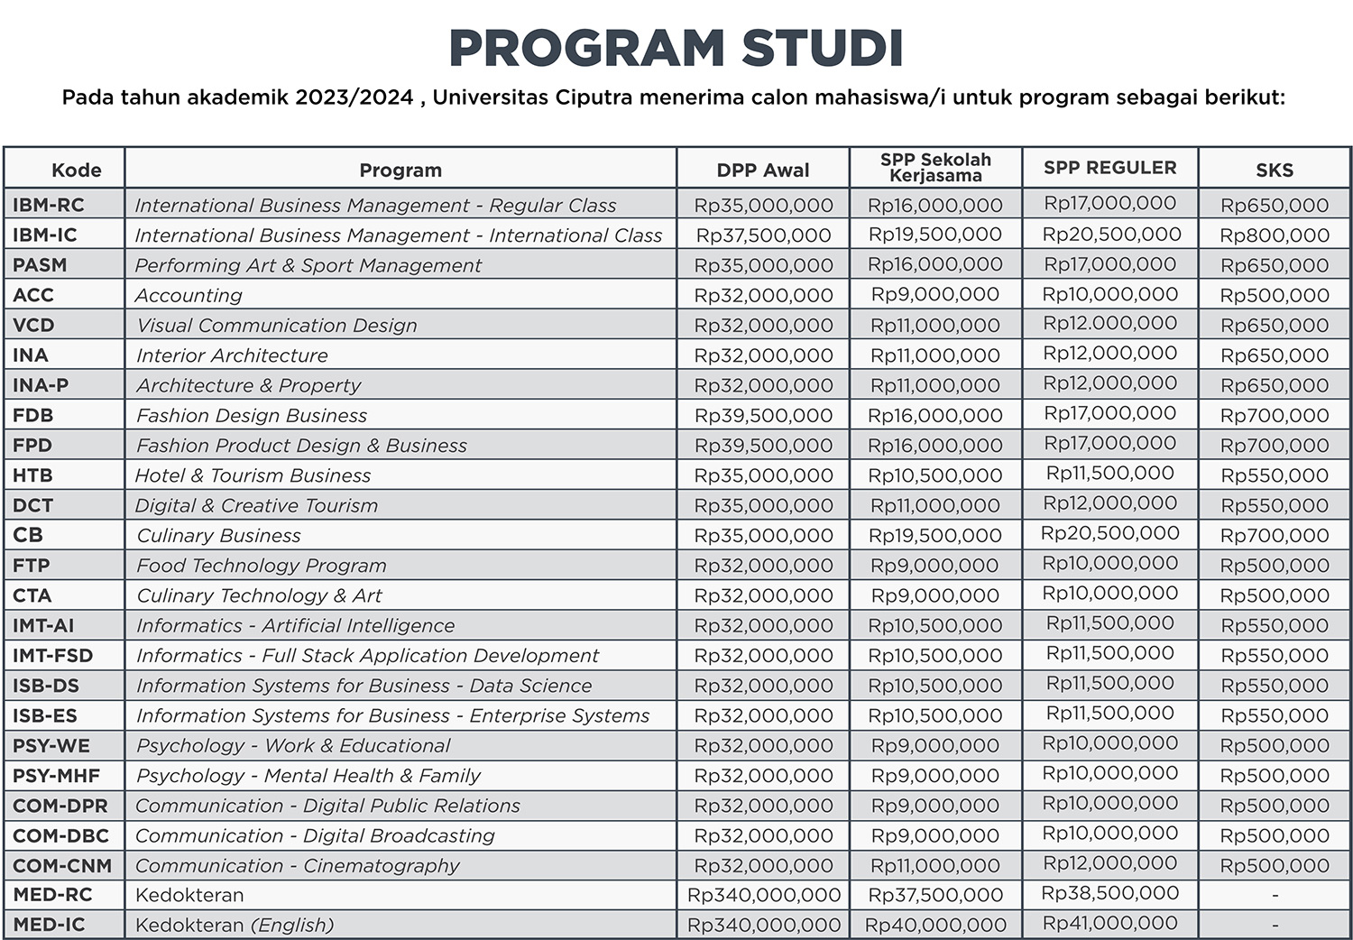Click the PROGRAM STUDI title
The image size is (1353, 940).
click(x=676, y=49)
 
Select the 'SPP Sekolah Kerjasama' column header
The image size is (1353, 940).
click(x=935, y=168)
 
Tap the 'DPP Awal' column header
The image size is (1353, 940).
click(x=762, y=170)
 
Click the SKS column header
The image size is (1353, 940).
click(x=1274, y=170)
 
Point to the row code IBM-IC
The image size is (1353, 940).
click(x=45, y=235)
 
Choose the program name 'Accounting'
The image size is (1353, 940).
click(x=189, y=296)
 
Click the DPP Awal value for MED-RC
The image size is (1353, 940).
click(x=763, y=895)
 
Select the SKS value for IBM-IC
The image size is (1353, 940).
click(x=1274, y=235)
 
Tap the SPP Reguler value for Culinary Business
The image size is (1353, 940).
click(x=1109, y=533)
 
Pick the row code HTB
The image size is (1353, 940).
click(x=32, y=475)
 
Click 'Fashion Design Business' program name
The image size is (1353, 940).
click(x=252, y=416)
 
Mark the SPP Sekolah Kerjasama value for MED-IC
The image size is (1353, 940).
click(x=935, y=925)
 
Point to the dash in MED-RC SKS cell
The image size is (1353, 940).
click(x=1275, y=895)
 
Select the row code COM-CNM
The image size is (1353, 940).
click(x=62, y=866)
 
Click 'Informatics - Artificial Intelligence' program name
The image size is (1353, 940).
click(x=295, y=626)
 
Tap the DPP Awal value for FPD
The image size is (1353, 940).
click(x=763, y=446)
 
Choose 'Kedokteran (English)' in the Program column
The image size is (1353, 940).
click(x=235, y=925)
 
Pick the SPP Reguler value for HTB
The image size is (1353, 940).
click(x=1109, y=474)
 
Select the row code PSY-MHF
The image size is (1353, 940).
click(x=56, y=776)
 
